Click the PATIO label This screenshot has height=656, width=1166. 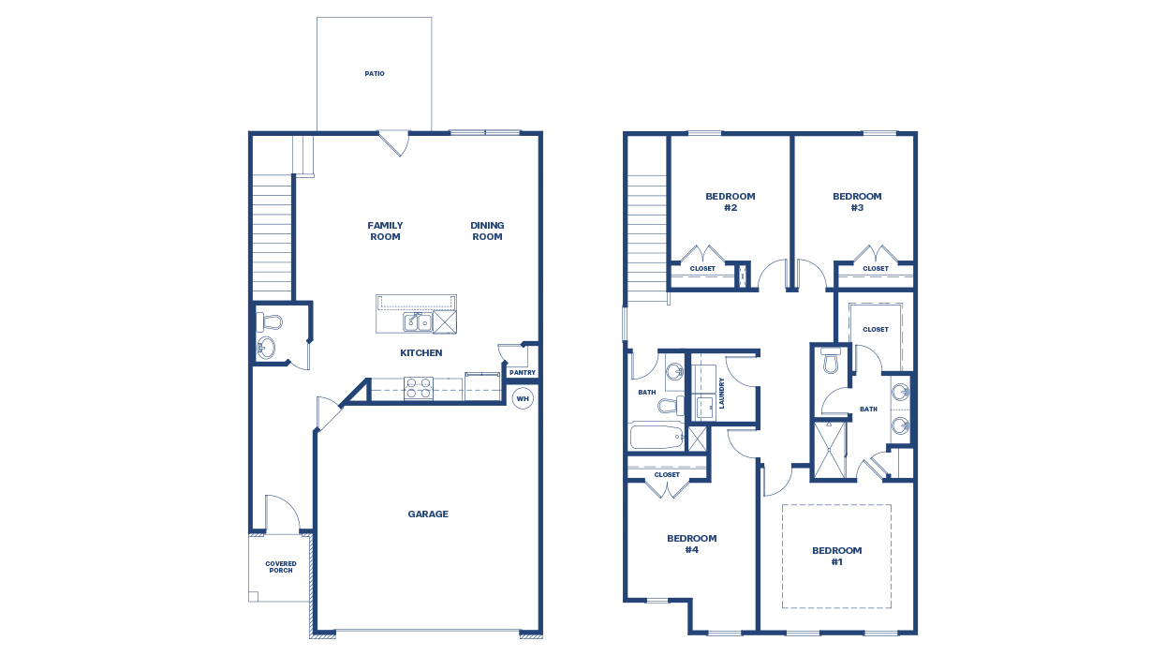375,74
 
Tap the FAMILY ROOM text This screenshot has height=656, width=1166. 385,231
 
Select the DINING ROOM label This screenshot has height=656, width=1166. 487,231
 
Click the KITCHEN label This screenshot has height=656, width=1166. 421,353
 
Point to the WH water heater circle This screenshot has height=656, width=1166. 523,398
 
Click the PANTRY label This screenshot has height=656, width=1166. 522,373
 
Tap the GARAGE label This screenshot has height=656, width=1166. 427,514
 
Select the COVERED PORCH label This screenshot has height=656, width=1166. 281,567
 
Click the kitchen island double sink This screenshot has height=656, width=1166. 417,322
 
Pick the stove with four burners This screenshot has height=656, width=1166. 418,388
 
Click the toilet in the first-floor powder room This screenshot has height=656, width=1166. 269,322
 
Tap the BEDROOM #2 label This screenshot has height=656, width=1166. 730,202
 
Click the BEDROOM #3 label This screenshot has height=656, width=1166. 857,202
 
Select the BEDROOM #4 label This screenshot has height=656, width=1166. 691,544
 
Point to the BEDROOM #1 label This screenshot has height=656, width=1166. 836,557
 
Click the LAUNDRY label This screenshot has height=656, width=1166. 722,393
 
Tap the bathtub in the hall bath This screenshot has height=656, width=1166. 657,438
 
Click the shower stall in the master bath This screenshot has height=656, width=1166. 829,450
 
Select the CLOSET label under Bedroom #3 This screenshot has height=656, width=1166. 876,269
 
